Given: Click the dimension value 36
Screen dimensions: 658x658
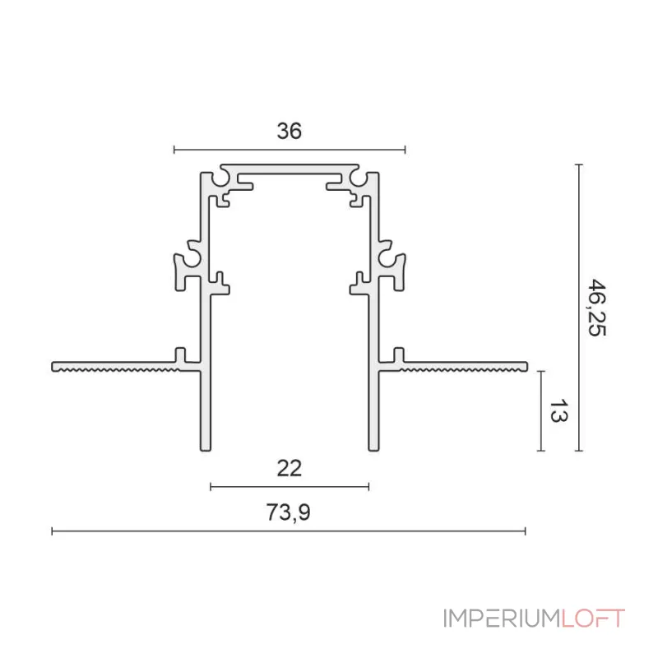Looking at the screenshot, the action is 290,131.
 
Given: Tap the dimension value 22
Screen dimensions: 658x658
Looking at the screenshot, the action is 290,468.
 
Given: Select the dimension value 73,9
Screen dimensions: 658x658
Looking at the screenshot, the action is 289,512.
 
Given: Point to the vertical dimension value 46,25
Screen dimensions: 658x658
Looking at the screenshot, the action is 597,307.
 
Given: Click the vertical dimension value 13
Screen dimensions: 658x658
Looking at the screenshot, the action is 558,410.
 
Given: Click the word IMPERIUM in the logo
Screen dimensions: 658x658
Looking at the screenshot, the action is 502,619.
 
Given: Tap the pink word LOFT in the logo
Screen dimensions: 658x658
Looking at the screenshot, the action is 593,619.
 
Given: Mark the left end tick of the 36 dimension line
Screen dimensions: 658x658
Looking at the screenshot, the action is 174,150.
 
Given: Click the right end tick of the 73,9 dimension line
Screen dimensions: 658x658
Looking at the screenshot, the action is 525,531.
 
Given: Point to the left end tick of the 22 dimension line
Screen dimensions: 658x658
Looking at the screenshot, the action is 211,487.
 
